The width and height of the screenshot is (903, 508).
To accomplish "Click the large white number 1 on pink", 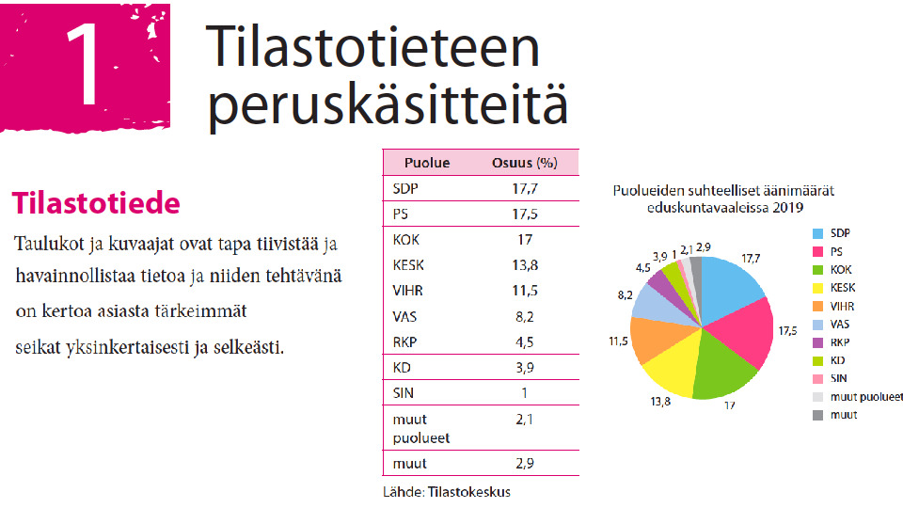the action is (x=85, y=65).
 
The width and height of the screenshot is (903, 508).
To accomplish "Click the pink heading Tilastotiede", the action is (x=96, y=203).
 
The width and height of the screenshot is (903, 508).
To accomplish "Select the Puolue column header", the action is (x=427, y=163).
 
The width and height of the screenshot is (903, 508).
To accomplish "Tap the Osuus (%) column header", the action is (x=525, y=163).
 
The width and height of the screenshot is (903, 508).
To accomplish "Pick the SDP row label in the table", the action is (x=405, y=188).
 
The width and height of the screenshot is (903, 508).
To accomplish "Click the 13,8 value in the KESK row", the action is (x=525, y=265).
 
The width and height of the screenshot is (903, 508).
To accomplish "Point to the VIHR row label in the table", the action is (x=407, y=291).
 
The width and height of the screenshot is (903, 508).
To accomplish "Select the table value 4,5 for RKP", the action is (x=525, y=342).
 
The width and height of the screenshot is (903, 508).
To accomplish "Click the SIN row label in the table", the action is (x=404, y=393).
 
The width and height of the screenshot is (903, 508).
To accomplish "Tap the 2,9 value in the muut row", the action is (x=525, y=464).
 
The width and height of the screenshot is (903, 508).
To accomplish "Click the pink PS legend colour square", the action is (x=817, y=252).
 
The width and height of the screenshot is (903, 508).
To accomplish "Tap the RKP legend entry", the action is (x=831, y=342).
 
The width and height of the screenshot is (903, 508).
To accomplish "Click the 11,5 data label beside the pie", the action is (x=619, y=341).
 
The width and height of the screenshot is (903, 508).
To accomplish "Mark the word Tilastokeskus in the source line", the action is (x=469, y=492).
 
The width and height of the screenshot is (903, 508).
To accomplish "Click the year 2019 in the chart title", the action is (x=788, y=208).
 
